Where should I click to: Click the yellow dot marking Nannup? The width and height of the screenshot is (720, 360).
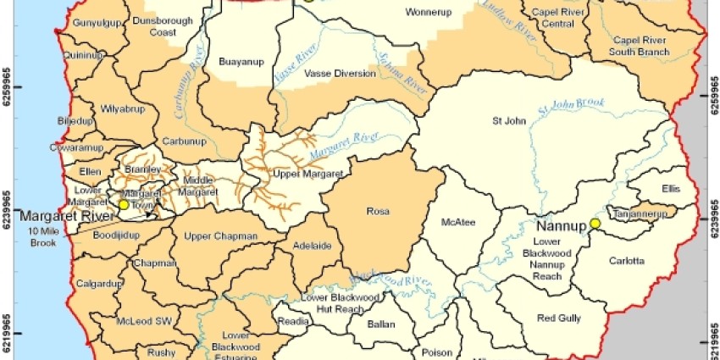click(x=595, y=223)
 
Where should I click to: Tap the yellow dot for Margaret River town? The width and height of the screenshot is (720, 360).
click(x=124, y=204)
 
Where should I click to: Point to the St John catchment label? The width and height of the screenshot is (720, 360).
click(x=508, y=121)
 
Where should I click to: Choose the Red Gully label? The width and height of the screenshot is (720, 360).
click(x=557, y=318)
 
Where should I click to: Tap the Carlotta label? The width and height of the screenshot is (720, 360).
click(x=627, y=261)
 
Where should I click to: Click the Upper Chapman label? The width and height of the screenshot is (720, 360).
click(x=209, y=235)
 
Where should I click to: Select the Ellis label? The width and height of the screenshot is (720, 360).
click(x=671, y=189)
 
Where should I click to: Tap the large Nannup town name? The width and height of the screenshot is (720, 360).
click(x=562, y=225)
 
